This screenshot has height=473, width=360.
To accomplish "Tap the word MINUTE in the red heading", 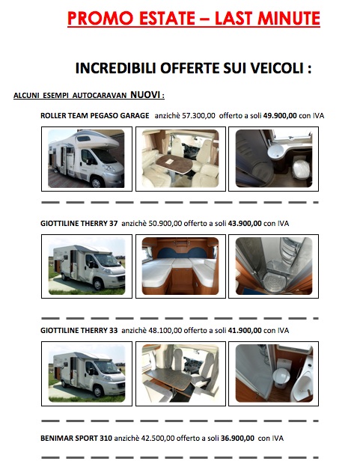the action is point(289,19).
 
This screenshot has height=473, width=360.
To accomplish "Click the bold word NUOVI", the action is point(145,95).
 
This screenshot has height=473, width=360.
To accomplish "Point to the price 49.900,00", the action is point(280,115).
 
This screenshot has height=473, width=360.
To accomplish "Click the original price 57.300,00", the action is point(198,115).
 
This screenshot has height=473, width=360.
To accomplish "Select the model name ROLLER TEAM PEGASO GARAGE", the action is point(95,115).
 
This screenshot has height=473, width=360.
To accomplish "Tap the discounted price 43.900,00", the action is point(245,224).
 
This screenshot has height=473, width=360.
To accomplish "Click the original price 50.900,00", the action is point(165,224).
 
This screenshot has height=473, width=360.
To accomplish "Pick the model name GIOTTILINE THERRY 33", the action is point(79,331).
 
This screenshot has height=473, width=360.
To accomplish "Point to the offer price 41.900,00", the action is point(245,331).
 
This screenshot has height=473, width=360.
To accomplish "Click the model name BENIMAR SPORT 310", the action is point(76,439).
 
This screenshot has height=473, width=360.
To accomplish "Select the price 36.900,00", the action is point(237,439).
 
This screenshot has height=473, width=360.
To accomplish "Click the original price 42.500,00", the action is point(158,439).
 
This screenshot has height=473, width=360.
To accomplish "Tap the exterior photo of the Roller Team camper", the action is point(86,159).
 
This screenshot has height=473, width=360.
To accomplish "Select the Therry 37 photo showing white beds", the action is point(180,266).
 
